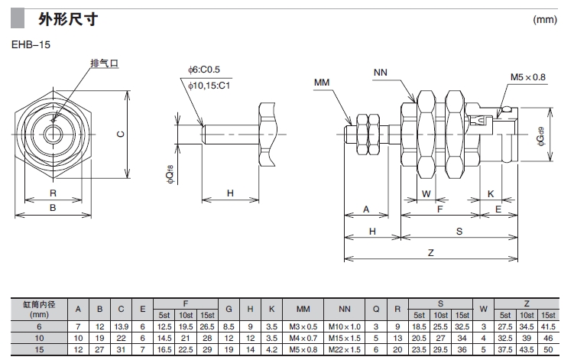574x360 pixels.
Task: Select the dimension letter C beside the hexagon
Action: click(x=119, y=135)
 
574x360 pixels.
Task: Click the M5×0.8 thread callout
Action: click(x=528, y=77)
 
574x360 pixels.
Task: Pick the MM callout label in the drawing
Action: click(x=321, y=80)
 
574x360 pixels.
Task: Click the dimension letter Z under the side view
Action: click(x=430, y=253)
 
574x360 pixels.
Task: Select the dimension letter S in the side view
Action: click(x=459, y=230)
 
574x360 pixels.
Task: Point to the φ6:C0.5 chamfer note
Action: click(x=204, y=70)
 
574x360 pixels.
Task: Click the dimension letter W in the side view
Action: click(x=426, y=194)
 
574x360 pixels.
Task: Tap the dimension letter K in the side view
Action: click(x=490, y=194)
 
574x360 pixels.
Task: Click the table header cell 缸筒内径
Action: click(x=38, y=303)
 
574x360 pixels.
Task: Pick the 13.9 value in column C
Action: click(x=121, y=326)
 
